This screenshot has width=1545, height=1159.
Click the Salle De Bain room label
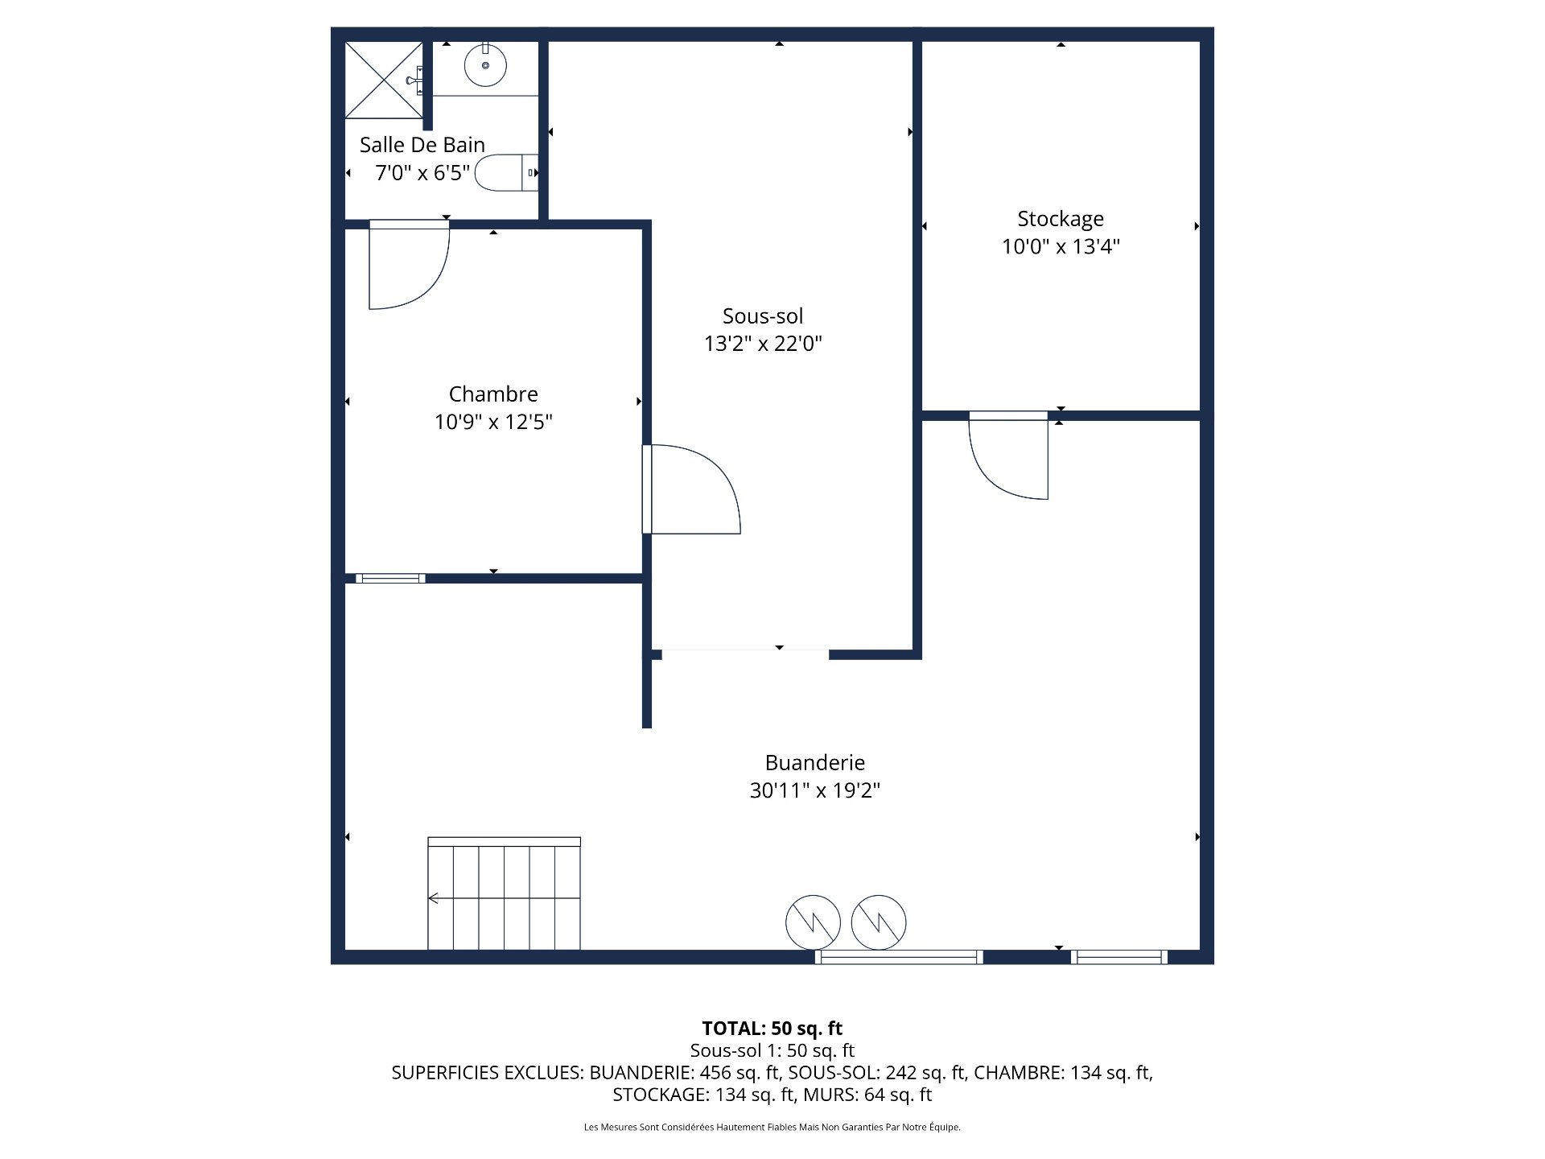[x=422, y=145]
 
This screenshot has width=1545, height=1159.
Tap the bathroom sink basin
[x=485, y=65]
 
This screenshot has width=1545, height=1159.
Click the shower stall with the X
[x=384, y=80]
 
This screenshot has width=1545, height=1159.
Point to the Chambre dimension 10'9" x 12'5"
[x=493, y=422]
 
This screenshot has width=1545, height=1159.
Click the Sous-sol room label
[x=762, y=316]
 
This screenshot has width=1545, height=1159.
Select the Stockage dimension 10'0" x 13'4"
[x=1060, y=246]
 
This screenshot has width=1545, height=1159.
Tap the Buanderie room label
[x=814, y=762]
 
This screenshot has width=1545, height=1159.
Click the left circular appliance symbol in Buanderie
[x=813, y=922]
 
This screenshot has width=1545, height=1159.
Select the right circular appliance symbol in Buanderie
[x=878, y=922]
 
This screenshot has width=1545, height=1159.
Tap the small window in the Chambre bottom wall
[x=390, y=578]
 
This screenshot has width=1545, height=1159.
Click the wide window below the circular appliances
[x=899, y=957]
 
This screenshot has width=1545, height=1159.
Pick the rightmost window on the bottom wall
[x=1119, y=957]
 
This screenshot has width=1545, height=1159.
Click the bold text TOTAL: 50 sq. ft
[x=772, y=1028]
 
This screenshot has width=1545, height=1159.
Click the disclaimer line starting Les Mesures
[x=772, y=1128]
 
